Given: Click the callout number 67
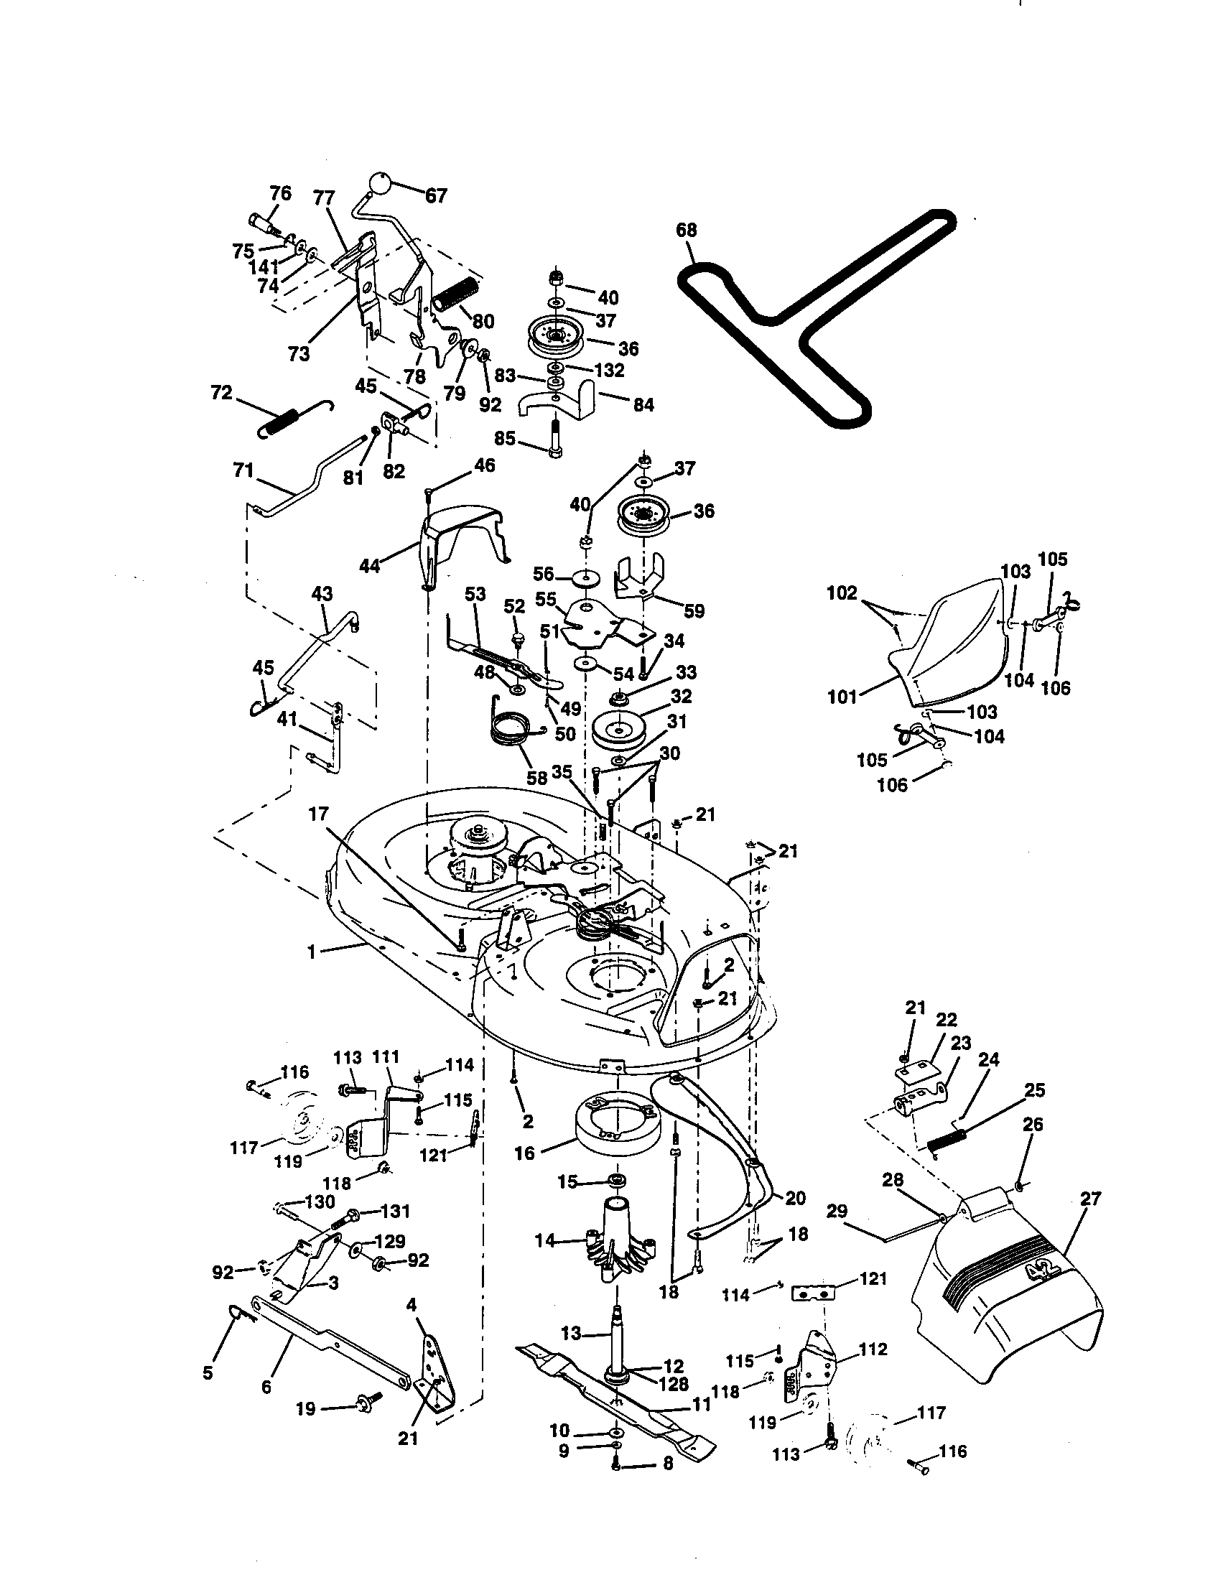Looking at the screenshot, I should pyautogui.click(x=435, y=195).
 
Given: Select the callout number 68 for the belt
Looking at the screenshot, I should pyautogui.click(x=686, y=230).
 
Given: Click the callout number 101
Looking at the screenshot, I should pyautogui.click(x=842, y=697).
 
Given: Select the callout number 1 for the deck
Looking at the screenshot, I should pyautogui.click(x=312, y=952).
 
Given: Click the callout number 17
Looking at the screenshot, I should pyautogui.click(x=318, y=814).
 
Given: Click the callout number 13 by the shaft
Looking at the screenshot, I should pyautogui.click(x=571, y=1332).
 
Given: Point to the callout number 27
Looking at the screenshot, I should pyautogui.click(x=1090, y=1199).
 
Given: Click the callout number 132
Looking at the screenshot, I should pyautogui.click(x=608, y=370).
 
